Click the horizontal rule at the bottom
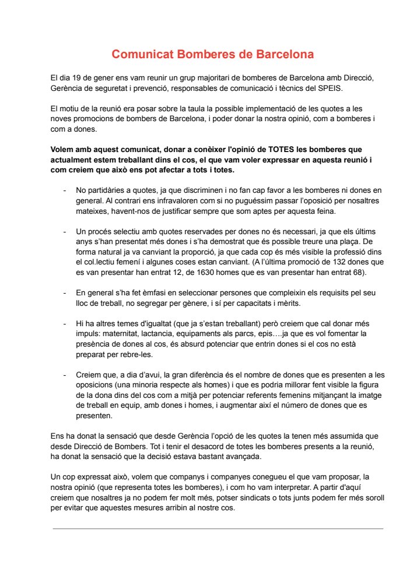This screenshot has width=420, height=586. [x=218, y=528]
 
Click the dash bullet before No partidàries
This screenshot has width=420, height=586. [x=64, y=190]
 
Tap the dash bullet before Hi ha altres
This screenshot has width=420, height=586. [x=64, y=323]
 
